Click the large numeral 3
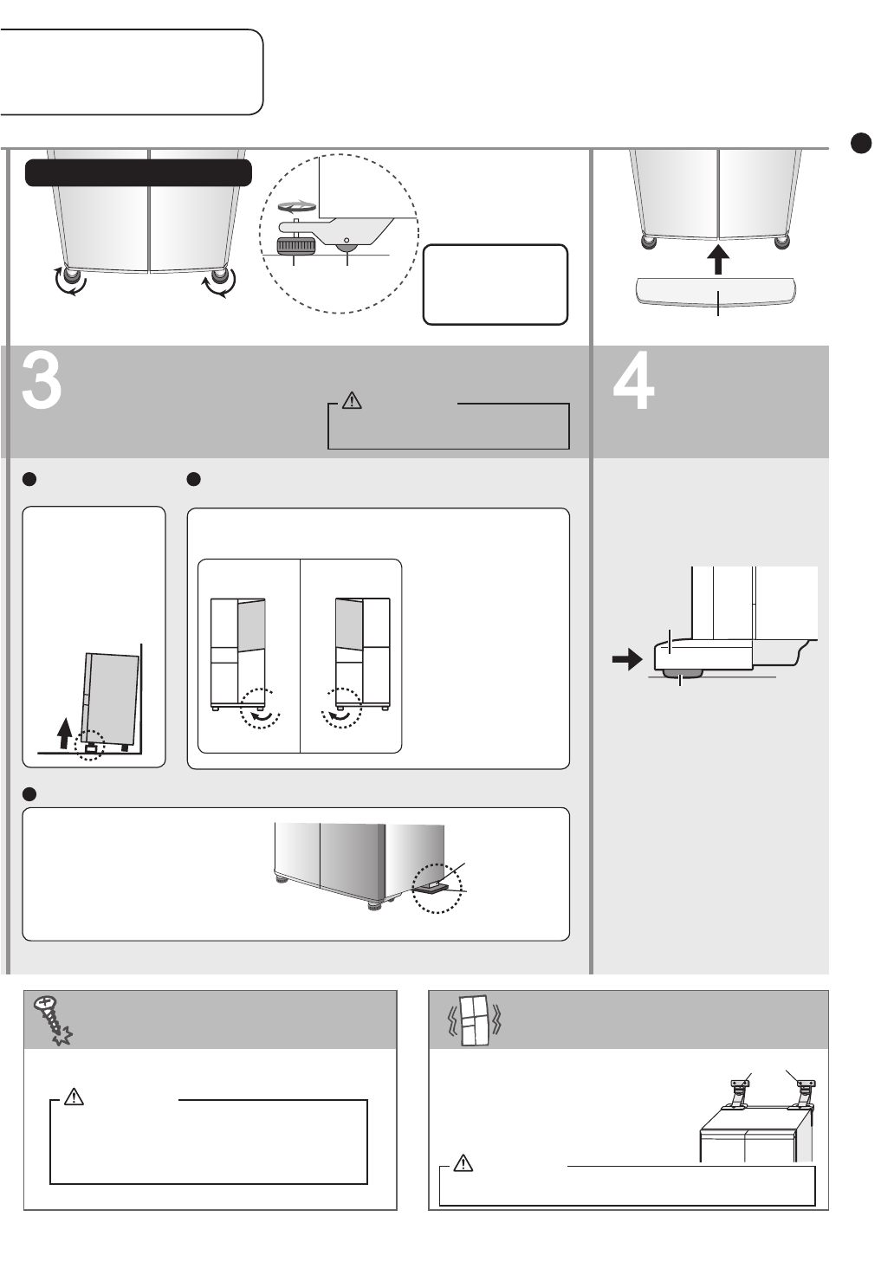click(x=42, y=382)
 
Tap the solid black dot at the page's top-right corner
click(x=860, y=143)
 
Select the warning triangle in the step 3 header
click(x=352, y=400)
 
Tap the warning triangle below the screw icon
click(x=74, y=1097)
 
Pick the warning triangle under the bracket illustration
click(x=463, y=1163)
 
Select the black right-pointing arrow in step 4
click(x=626, y=660)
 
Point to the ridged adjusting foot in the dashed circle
click(x=294, y=247)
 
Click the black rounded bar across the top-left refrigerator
click(x=139, y=172)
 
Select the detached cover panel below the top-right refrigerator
click(x=716, y=291)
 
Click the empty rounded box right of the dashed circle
click(x=495, y=284)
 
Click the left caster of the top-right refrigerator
click(x=647, y=242)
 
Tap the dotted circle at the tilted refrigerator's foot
click(x=89, y=746)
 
